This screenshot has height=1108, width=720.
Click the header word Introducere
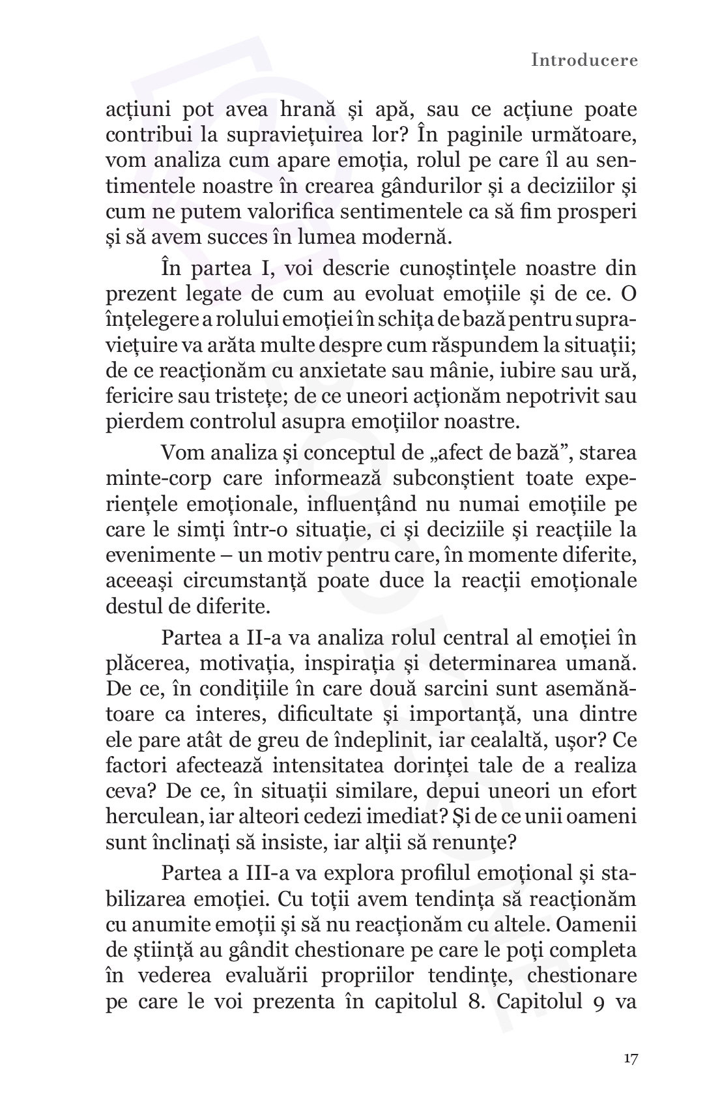click(x=584, y=61)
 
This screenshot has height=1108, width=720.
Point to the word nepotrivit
click(x=528, y=396)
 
